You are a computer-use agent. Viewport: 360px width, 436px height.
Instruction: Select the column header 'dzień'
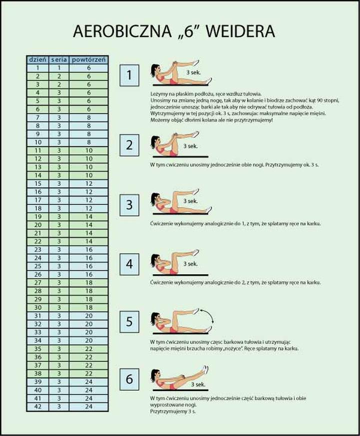pyautogui.click(x=37, y=59)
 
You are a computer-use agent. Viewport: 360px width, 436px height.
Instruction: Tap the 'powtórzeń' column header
pyautogui.click(x=88, y=59)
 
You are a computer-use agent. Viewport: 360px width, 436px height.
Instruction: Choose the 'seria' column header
pyautogui.click(x=59, y=59)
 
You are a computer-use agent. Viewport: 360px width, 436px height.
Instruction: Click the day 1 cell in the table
pyautogui.click(x=37, y=67)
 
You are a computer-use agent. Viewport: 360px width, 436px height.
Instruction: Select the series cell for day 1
pyautogui.click(x=59, y=67)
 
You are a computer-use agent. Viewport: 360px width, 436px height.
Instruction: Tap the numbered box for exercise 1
pyautogui.click(x=129, y=75)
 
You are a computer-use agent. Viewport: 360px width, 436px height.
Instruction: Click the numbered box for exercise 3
pyautogui.click(x=129, y=205)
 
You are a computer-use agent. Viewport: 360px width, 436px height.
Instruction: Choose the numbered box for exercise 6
pyautogui.click(x=129, y=380)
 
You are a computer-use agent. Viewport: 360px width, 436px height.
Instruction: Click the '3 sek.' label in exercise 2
pyautogui.click(x=190, y=146)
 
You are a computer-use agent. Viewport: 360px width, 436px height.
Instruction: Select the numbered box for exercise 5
pyautogui.click(x=129, y=322)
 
